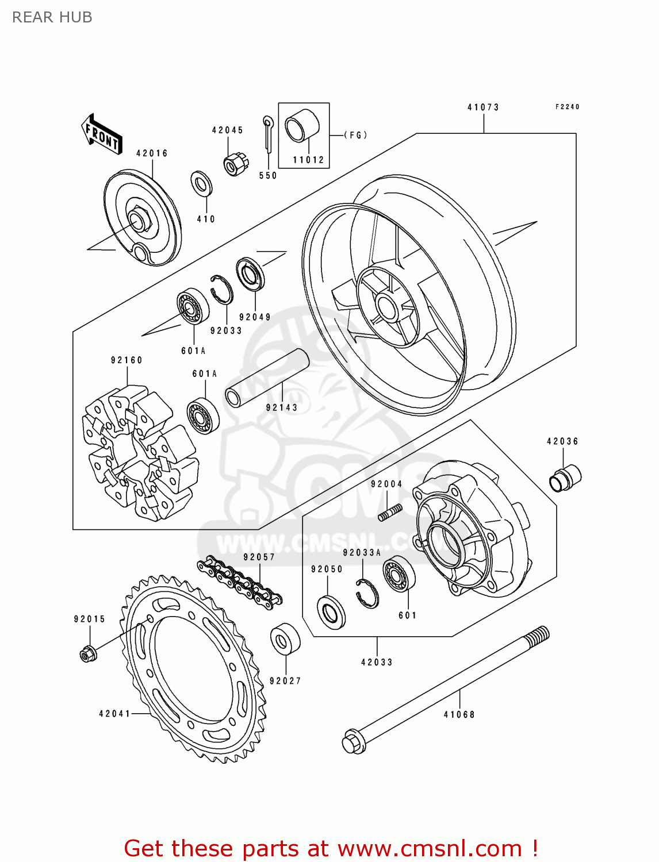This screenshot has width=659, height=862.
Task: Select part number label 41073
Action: tap(483, 107)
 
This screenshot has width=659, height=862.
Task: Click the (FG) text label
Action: tap(355, 135)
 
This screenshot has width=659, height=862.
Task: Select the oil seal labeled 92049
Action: tap(251, 274)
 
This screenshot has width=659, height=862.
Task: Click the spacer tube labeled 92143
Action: tap(267, 378)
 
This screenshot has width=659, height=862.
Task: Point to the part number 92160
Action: tap(127, 360)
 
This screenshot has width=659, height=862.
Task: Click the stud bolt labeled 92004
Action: tap(390, 512)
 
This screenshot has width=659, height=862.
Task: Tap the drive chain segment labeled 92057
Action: tap(239, 582)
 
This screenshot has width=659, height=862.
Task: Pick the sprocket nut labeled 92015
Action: tap(87, 653)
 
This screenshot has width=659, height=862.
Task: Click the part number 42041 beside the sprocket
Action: tap(115, 714)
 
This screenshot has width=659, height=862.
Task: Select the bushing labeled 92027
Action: tap(285, 638)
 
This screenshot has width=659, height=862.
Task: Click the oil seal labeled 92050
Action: tap(331, 612)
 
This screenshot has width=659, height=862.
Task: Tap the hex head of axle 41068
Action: tap(353, 741)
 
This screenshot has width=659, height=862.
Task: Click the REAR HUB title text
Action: tap(52, 17)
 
